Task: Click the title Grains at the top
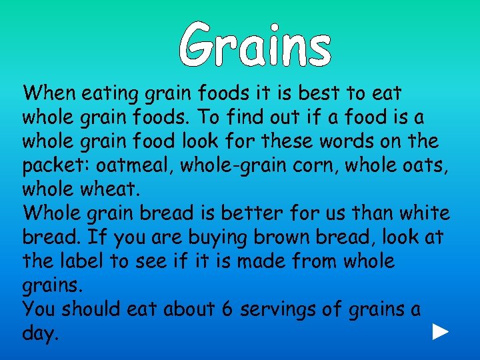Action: [x=255, y=43]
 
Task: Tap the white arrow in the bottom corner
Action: [x=439, y=332]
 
